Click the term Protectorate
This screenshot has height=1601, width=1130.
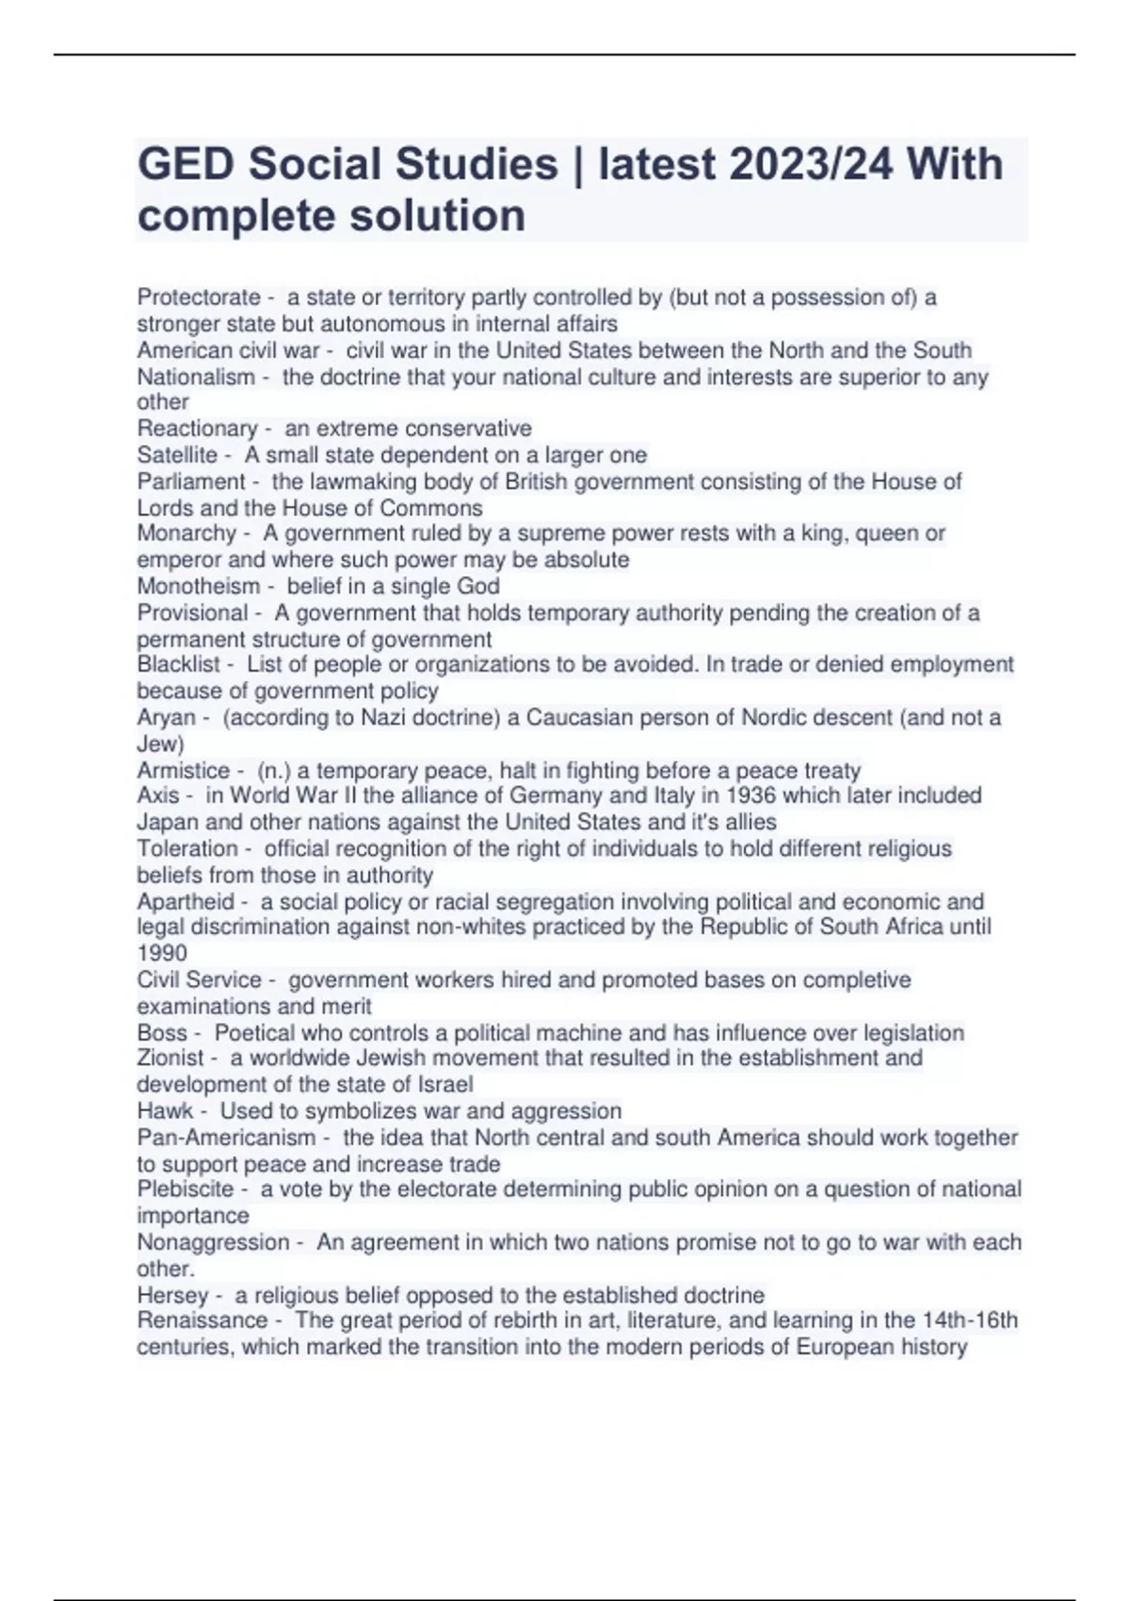[199, 298]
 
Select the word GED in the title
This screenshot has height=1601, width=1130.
[186, 164]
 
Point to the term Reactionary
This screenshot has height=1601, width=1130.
[197, 429]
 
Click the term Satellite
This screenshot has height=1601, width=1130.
[177, 455]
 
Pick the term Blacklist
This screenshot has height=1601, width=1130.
[179, 665]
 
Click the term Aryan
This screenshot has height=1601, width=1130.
[166, 718]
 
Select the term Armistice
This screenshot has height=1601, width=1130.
[184, 770]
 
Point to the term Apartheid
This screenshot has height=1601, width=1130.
[186, 901]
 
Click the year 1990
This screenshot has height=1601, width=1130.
[162, 953]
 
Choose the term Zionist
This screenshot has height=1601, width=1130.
[170, 1059]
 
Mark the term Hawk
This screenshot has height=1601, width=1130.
[165, 1111]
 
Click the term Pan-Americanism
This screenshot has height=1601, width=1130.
[226, 1138]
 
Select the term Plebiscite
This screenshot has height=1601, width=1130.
[186, 1189]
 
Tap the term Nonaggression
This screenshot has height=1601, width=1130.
[213, 1242]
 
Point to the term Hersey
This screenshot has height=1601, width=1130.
[172, 1295]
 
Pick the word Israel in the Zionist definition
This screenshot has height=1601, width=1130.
[443, 1085]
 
